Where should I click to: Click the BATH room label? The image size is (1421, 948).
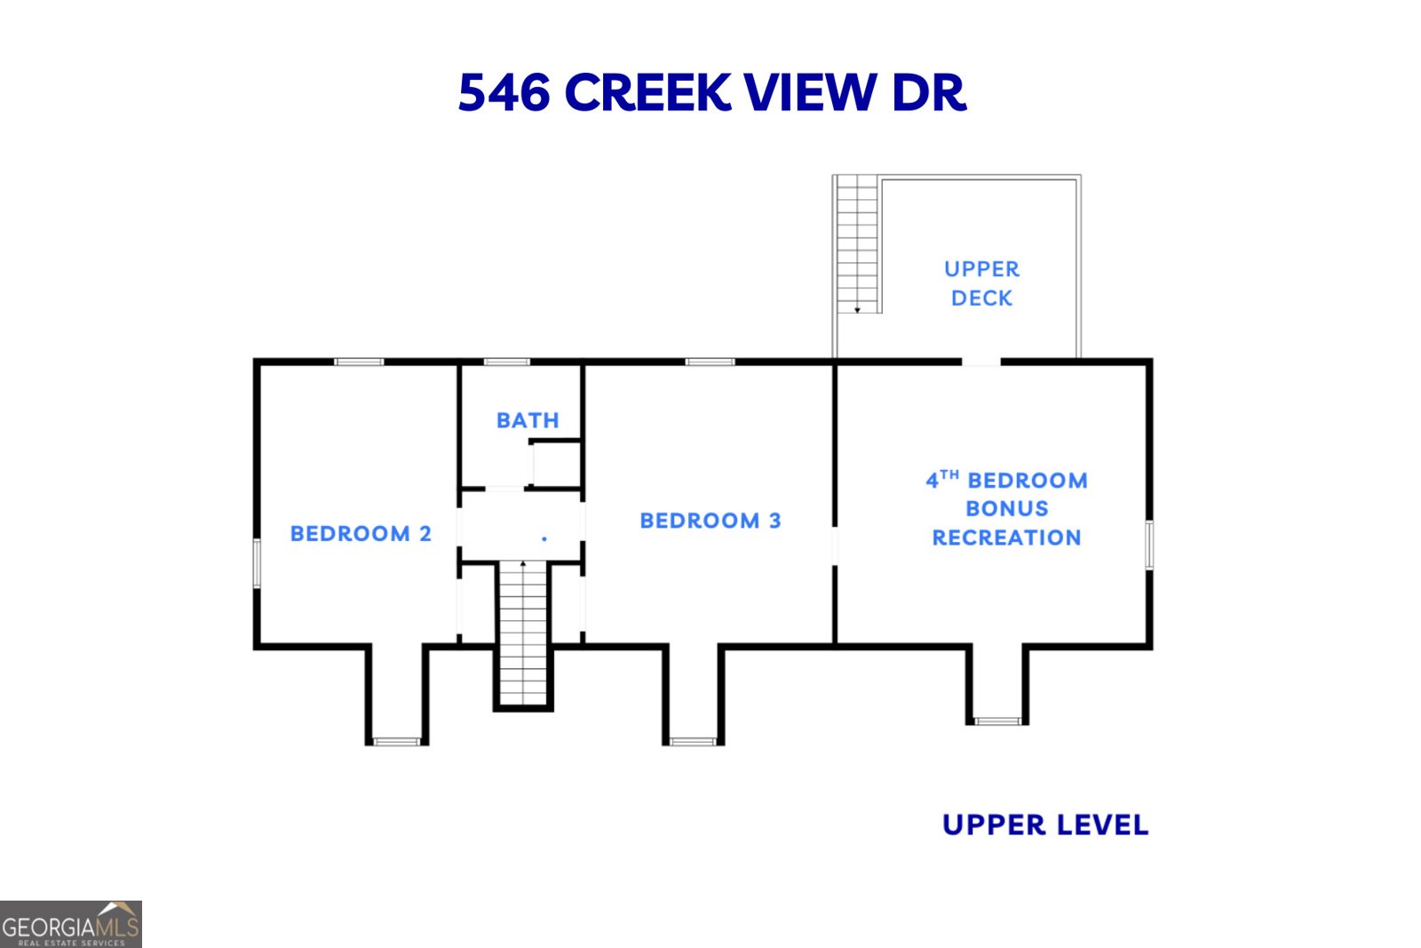pyautogui.click(x=528, y=420)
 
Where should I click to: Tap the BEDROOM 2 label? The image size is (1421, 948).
pyautogui.click(x=361, y=533)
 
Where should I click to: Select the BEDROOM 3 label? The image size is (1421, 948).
pyautogui.click(x=710, y=521)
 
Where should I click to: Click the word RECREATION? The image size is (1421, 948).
pyautogui.click(x=1006, y=538)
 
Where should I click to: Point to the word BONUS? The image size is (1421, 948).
pyautogui.click(x=1006, y=508)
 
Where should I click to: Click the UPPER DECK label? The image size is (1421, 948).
pyautogui.click(x=981, y=283)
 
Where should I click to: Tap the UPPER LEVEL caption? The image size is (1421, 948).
pyautogui.click(x=1044, y=825)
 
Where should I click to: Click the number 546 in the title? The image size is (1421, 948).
pyautogui.click(x=504, y=92)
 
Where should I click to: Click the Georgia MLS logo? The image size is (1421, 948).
pyautogui.click(x=70, y=924)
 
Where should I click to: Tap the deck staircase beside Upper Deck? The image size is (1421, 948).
pyautogui.click(x=857, y=244)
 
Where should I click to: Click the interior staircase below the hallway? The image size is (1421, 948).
pyautogui.click(x=523, y=633)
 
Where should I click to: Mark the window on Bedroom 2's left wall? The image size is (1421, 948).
pyautogui.click(x=258, y=562)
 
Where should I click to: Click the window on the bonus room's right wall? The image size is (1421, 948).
pyautogui.click(x=1148, y=545)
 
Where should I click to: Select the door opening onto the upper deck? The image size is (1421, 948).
pyautogui.click(x=980, y=362)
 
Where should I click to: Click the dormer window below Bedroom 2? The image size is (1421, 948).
pyautogui.click(x=397, y=741)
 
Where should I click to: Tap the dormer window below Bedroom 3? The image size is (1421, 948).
pyautogui.click(x=693, y=741)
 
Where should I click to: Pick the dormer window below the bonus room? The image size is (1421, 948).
pyautogui.click(x=997, y=721)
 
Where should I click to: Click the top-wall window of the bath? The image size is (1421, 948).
pyautogui.click(x=506, y=362)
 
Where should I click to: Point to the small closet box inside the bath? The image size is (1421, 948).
pyautogui.click(x=556, y=463)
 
